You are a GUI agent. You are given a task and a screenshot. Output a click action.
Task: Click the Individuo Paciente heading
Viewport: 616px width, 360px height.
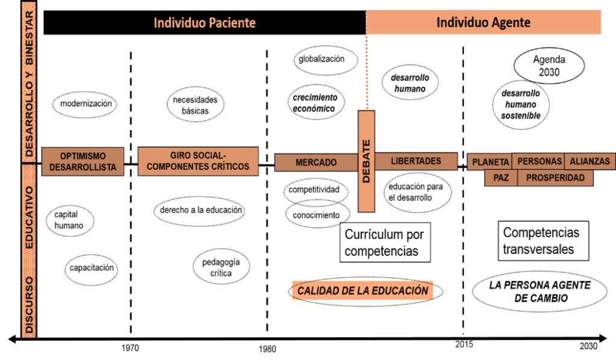point(205,23)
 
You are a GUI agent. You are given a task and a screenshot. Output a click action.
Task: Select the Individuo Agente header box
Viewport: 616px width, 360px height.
point(483,22)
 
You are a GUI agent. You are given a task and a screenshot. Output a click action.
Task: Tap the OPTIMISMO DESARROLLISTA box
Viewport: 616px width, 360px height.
point(83,162)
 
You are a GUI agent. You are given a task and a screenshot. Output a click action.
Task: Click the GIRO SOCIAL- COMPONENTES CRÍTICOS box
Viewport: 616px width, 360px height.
point(198,161)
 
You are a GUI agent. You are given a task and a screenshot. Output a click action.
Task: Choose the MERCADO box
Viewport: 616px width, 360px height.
point(316,163)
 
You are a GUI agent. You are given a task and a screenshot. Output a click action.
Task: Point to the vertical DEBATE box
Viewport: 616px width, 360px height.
point(366,161)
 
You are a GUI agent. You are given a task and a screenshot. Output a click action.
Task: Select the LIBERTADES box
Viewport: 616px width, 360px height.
point(416,161)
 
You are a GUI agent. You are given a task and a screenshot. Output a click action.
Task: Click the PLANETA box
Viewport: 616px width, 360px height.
point(490,162)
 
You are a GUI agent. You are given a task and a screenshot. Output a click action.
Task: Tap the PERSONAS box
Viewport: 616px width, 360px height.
point(539,161)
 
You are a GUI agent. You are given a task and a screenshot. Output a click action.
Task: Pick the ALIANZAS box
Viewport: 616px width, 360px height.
point(590,161)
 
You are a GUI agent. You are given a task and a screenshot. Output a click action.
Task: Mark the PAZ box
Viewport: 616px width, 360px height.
point(501,178)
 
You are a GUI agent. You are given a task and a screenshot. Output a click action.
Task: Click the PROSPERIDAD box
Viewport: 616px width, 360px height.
point(555,178)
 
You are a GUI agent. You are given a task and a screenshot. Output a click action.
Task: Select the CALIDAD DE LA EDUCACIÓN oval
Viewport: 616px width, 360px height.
point(363,291)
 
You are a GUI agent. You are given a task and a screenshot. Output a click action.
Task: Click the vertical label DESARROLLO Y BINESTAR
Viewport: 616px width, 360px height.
point(29,81)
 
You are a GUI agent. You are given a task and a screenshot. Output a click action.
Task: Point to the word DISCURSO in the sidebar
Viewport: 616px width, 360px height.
point(29,304)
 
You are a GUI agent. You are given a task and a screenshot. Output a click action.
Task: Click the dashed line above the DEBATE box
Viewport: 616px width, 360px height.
point(366,72)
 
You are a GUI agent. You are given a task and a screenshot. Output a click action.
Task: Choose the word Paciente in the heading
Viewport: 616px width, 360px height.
point(232,23)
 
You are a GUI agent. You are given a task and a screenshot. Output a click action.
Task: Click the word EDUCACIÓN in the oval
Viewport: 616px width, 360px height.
point(400,291)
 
